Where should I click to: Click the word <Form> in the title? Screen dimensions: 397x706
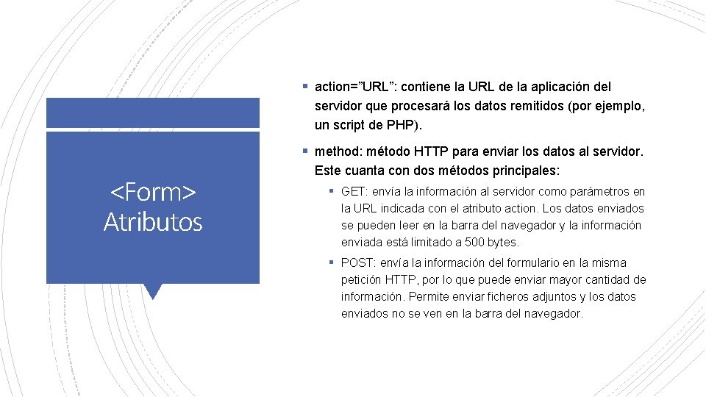tap(153, 193)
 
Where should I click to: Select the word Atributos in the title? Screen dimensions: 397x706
tap(153, 221)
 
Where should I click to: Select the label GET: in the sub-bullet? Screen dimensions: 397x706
tap(356, 192)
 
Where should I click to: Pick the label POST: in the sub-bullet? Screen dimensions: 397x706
tap(360, 263)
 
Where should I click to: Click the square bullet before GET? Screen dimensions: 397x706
tap(332, 191)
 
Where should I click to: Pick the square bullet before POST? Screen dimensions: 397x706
tap(332, 262)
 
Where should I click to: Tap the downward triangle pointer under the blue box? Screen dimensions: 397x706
tap(153, 291)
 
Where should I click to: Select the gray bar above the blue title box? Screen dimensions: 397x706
tap(153, 113)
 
